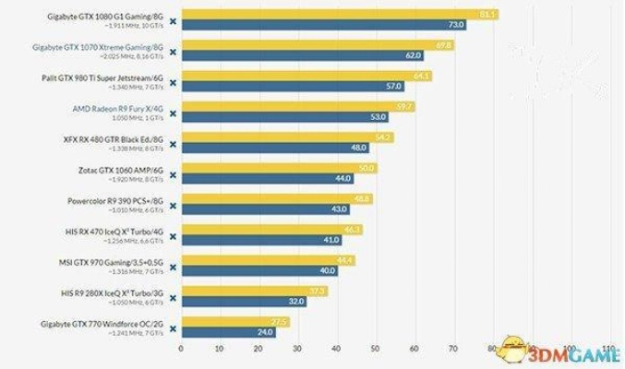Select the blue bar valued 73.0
pyautogui.click(x=323, y=25)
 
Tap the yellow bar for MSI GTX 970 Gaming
pyautogui.click(x=267, y=260)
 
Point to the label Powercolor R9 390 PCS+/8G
pyautogui.click(x=113, y=199)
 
